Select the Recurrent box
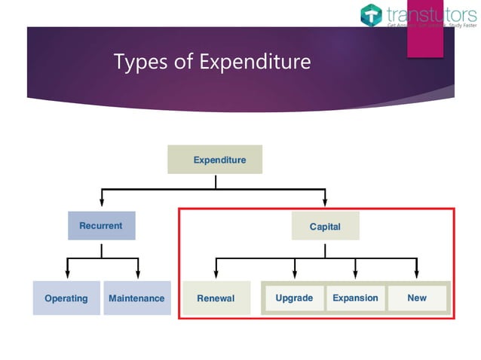101,226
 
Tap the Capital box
325,226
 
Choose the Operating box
66,298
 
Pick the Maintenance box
136,298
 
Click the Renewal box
216,298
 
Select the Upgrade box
294,298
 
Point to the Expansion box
355,298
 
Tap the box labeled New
417,298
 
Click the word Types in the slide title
139,62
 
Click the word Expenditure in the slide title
255,62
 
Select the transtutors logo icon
372,14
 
